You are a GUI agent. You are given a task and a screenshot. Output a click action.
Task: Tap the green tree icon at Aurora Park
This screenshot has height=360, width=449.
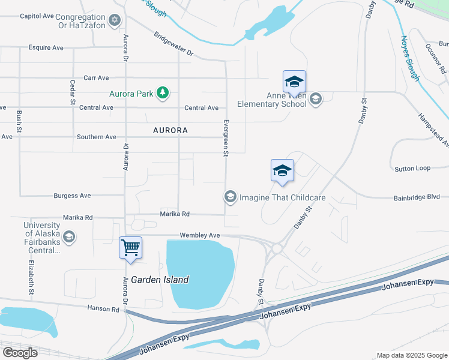pyautogui.click(x=162, y=93)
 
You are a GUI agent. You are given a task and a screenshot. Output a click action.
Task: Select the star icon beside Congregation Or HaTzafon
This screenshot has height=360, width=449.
pyautogui.click(x=116, y=22)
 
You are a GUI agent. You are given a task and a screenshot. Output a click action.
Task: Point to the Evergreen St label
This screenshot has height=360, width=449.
pyautogui.click(x=226, y=137)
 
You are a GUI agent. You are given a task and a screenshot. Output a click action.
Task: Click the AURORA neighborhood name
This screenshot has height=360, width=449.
pyautogui.click(x=170, y=130)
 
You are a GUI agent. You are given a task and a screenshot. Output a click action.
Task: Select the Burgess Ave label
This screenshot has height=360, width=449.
pyautogui.click(x=72, y=196)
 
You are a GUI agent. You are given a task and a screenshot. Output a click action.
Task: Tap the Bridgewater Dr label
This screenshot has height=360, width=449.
pyautogui.click(x=173, y=44)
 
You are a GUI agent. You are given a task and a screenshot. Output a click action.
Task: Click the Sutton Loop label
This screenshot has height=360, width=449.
pyautogui.click(x=412, y=169)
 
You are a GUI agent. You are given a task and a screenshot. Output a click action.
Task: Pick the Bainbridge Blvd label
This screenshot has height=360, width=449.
pyautogui.click(x=417, y=197)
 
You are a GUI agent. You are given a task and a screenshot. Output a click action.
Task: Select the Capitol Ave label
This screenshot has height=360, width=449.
pyautogui.click(x=37, y=16)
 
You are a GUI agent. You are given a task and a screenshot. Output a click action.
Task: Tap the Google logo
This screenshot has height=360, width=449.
pyautogui.click(x=19, y=353)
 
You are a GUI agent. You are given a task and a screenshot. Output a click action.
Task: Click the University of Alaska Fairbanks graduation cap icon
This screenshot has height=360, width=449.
pyautogui.click(x=70, y=236)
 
